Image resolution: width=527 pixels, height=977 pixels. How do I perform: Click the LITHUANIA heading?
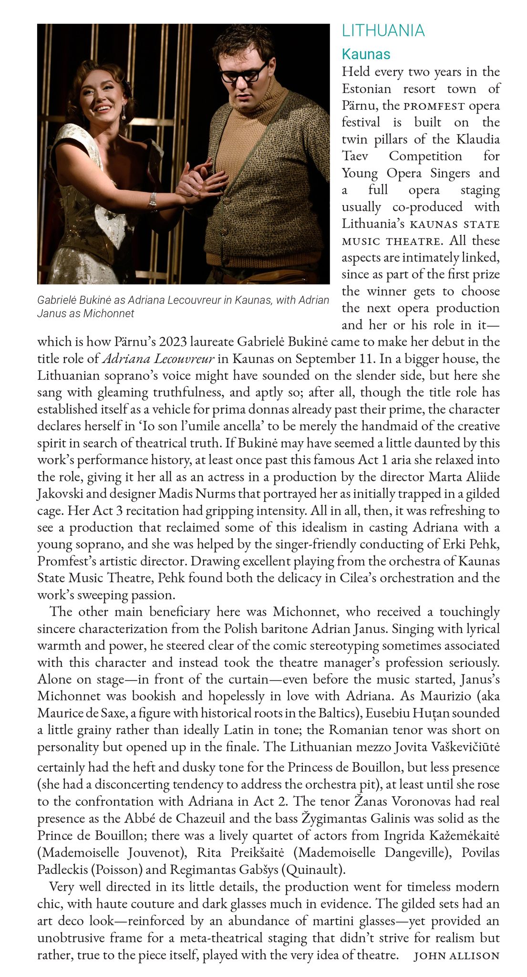click(383, 31)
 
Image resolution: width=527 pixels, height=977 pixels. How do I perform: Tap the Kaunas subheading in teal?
click(366, 54)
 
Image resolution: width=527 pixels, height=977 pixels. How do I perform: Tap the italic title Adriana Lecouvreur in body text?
click(158, 359)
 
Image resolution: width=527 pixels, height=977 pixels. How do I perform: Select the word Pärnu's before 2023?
click(135, 342)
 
